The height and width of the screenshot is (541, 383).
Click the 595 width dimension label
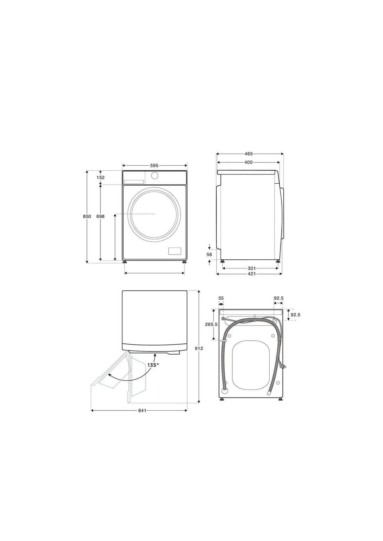coord(154,165)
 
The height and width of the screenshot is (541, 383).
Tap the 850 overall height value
coord(87,216)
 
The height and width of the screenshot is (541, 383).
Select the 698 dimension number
coord(101,216)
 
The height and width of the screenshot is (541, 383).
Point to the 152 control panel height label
coord(101,178)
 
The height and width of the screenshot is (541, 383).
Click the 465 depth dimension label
coord(249,154)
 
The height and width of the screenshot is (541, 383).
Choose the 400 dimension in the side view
coord(248,162)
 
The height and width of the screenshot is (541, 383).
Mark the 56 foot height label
coord(209,254)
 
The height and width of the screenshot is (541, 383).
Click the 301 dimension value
coord(252,269)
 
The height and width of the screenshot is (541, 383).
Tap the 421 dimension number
coord(252,274)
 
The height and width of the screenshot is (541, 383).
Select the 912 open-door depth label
coord(199,348)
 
